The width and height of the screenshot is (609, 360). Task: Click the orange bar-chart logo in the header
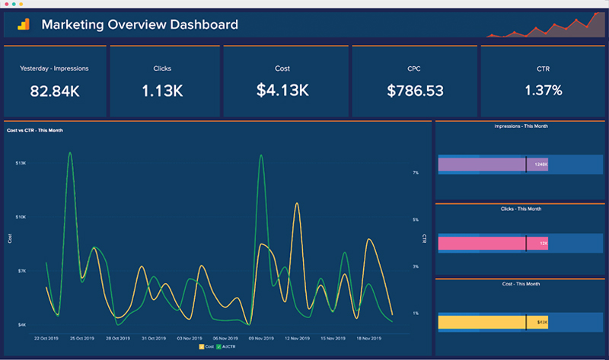pos(23,24)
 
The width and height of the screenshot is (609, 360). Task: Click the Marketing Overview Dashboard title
pos(139,24)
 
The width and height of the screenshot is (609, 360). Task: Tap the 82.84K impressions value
pos(54,91)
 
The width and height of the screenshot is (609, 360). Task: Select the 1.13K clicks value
pos(162,91)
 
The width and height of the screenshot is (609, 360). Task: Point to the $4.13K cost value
pos(282,91)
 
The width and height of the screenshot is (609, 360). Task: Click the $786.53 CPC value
pos(415,91)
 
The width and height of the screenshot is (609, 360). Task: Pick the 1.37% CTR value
pos(544,91)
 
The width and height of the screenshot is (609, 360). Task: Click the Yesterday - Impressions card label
pos(54,68)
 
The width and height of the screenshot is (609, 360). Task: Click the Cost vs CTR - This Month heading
pos(35,130)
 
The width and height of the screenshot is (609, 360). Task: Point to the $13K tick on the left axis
pos(21,163)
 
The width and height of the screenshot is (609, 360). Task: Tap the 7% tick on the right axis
pos(416,173)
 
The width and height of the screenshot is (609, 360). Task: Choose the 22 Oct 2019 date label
pos(47,338)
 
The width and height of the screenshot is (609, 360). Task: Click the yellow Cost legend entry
pos(206,346)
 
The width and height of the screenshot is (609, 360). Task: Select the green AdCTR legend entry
pos(225,346)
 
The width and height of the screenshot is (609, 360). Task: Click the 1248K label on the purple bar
pos(540,164)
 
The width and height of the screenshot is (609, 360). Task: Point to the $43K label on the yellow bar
pos(542,323)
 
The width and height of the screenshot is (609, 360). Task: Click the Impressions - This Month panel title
pos(520,126)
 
